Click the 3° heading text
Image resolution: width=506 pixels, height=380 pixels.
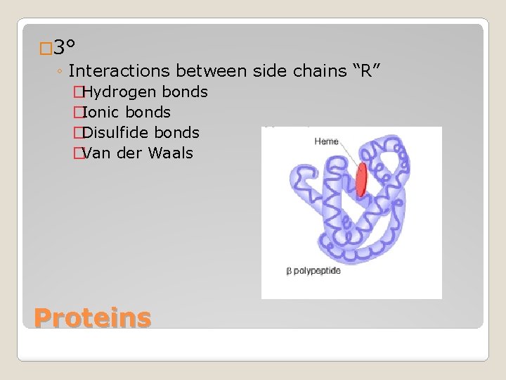(65, 48)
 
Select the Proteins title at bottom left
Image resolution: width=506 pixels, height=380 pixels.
(92, 318)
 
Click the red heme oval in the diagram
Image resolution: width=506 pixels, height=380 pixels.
(361, 179)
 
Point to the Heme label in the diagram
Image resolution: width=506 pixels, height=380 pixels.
(327, 141)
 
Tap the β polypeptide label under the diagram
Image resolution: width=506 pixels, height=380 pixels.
(313, 271)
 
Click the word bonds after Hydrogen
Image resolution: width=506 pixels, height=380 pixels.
(185, 92)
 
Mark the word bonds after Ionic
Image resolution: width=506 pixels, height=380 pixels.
(148, 113)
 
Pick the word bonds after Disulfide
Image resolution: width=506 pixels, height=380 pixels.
(176, 133)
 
